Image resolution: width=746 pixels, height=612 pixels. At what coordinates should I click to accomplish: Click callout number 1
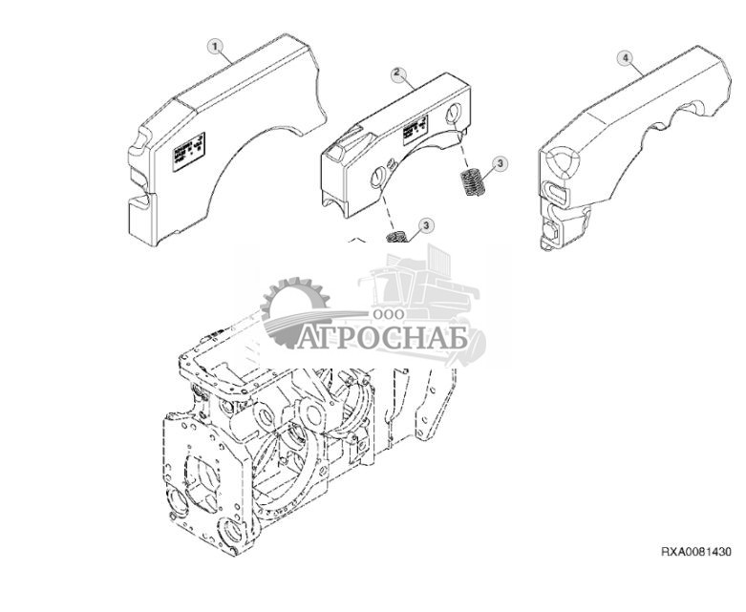pyautogui.click(x=216, y=46)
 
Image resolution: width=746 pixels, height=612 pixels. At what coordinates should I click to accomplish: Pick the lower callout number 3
pyautogui.click(x=426, y=224)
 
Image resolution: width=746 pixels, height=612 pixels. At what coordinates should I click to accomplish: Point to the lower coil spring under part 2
pyautogui.click(x=396, y=236)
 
